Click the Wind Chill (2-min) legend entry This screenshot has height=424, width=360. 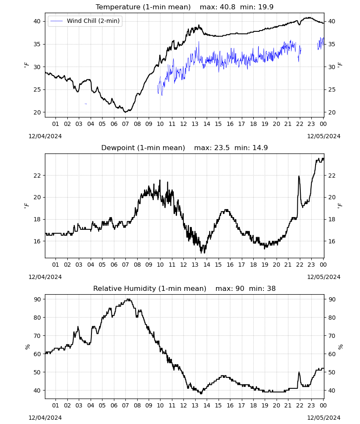tap(85, 21)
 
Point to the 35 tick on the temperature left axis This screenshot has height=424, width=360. tap(37, 44)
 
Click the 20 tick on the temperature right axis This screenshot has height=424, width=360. tap(332, 112)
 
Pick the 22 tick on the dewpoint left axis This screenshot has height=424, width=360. tap(37, 176)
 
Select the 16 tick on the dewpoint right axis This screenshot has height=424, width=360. tap(332, 241)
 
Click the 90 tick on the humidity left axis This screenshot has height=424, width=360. tap(37, 299)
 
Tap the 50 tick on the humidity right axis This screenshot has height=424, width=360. tap(332, 372)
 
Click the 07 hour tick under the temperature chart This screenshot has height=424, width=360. tap(125, 124)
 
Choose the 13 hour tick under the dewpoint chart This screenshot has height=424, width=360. tap(195, 265)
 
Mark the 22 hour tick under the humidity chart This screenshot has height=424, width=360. tap(299, 406)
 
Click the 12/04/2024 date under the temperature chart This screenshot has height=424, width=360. tap(45, 136)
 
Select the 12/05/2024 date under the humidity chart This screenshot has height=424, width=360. tap(324, 418)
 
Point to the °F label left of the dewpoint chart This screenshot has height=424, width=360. tap(26, 206)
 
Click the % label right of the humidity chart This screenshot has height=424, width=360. tap(340, 347)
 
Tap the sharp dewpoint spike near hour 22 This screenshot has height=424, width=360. tap(299, 176)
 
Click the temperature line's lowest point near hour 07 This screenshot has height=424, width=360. tap(125, 112)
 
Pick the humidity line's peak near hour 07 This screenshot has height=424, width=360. tap(129, 299)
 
